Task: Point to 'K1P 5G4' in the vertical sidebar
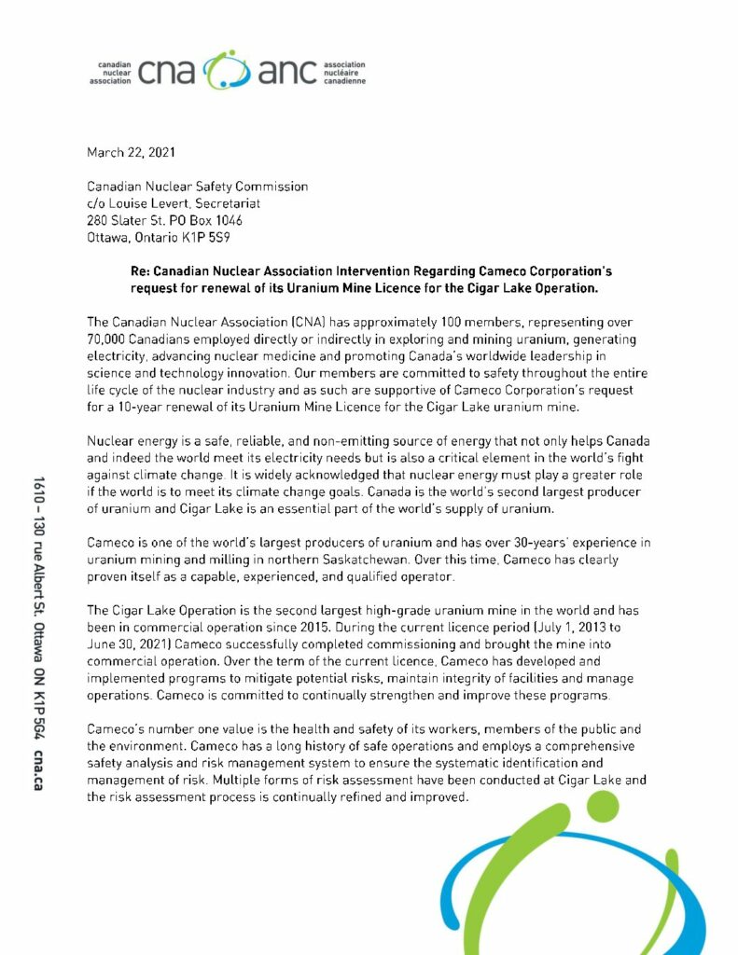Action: [39, 704]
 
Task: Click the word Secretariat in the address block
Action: [225, 203]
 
